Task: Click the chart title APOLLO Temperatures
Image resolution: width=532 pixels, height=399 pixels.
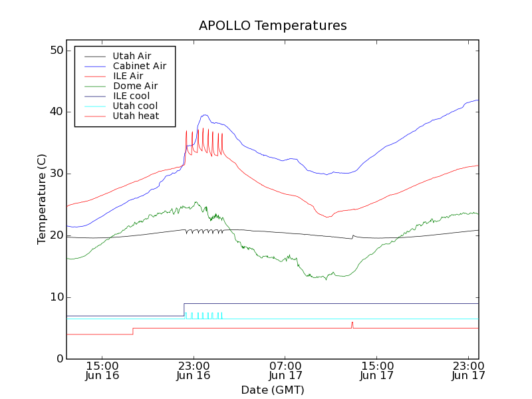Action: click(x=273, y=26)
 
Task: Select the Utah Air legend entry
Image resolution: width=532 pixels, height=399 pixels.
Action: click(x=132, y=56)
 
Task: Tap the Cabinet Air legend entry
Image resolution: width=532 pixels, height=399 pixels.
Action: click(x=139, y=66)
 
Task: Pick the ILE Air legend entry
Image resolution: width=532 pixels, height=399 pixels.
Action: click(x=128, y=76)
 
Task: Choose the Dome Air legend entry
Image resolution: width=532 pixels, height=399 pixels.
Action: click(x=135, y=86)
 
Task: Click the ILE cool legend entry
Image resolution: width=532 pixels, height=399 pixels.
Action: click(x=131, y=96)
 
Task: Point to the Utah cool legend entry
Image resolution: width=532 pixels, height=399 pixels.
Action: click(x=135, y=106)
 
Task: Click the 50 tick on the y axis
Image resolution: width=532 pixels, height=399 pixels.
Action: click(x=56, y=51)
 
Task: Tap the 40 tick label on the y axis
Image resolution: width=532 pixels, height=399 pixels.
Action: click(x=56, y=112)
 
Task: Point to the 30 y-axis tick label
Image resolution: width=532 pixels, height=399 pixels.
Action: click(x=56, y=174)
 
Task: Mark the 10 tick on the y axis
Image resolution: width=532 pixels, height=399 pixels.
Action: click(x=56, y=297)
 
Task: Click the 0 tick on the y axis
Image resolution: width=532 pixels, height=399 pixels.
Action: click(x=59, y=359)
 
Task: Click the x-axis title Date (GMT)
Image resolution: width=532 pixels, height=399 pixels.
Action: click(x=273, y=390)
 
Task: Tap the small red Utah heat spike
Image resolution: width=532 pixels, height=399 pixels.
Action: click(x=352, y=323)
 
